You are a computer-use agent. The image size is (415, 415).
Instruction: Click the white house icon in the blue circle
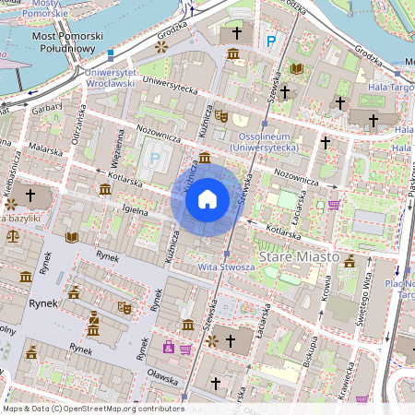[207, 199]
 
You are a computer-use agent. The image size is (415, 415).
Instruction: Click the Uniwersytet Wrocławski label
[110, 77]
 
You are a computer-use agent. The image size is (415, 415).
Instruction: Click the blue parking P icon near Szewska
[270, 41]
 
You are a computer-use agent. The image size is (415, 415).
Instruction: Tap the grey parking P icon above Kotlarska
[154, 158]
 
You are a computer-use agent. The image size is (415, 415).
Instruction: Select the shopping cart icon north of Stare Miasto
[333, 205]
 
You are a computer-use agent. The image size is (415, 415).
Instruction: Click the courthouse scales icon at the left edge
[12, 236]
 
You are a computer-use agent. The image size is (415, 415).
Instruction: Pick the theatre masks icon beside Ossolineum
[220, 117]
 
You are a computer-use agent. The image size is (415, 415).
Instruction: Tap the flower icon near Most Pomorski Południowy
[162, 45]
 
